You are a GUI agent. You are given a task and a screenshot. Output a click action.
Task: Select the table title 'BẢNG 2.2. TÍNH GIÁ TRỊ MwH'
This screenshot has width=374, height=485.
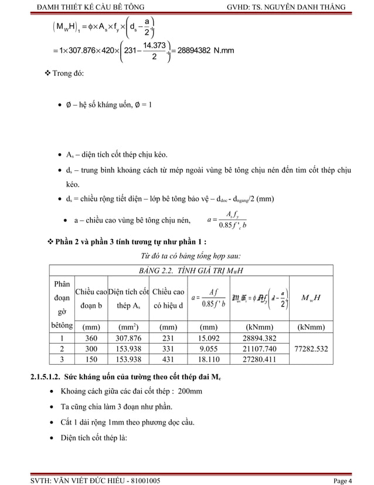pyautogui.click(x=186, y=270)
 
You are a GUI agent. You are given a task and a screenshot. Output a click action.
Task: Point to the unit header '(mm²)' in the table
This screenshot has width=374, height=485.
pyautogui.click(x=128, y=325)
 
